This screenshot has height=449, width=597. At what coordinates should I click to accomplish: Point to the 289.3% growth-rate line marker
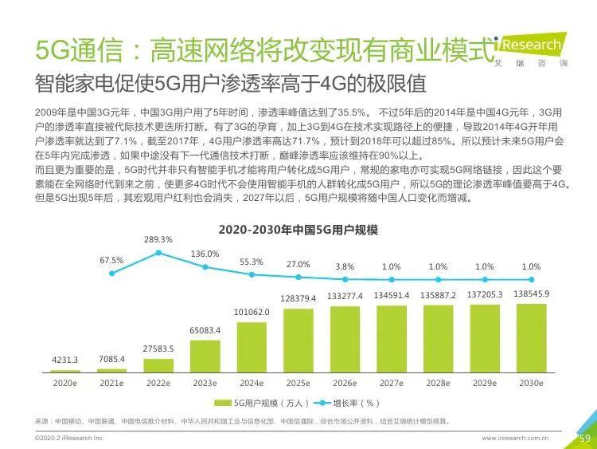point(158,253)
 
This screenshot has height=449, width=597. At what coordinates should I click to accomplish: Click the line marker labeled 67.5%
point(112,273)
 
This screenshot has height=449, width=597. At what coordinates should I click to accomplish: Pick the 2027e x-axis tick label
point(391,383)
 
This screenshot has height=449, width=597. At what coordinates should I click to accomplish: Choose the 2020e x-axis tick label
point(65,383)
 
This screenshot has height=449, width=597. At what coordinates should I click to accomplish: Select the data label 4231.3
point(65,360)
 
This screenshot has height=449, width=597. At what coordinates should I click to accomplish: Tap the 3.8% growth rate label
point(345,266)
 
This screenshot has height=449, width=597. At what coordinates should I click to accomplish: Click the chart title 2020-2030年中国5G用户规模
point(298,230)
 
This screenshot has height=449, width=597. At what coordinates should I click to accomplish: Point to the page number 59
point(583,438)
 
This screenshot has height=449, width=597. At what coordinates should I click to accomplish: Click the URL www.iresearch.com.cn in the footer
point(521,438)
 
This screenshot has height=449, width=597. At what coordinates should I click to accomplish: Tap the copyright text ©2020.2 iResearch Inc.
point(70,438)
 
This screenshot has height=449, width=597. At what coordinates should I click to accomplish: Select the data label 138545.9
point(531,293)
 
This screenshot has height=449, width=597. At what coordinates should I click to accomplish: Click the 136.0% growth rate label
point(205,254)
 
